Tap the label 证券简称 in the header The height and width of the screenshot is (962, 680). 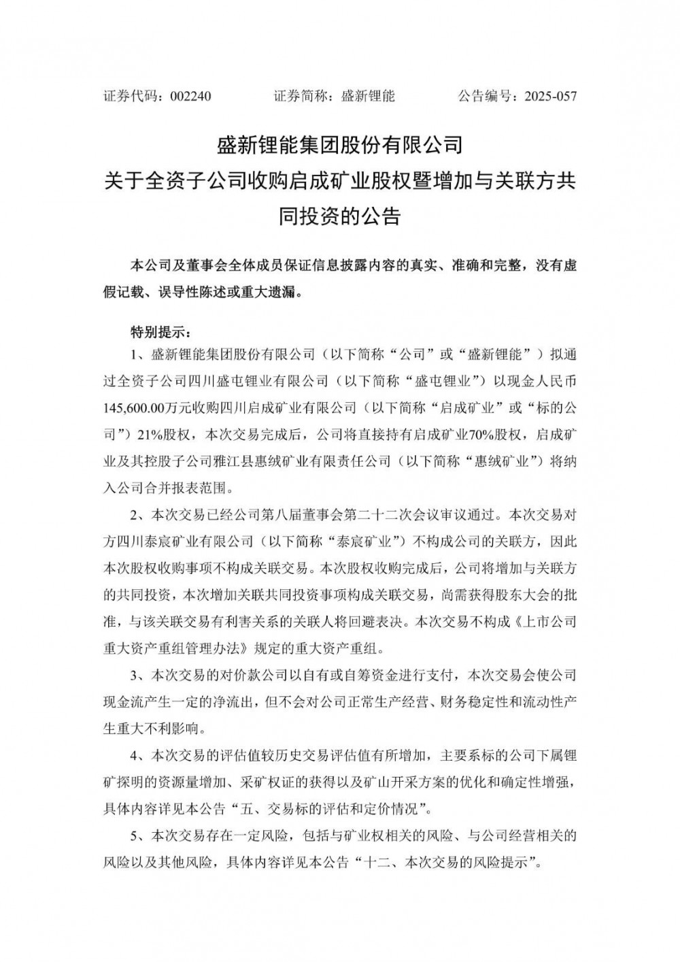297,96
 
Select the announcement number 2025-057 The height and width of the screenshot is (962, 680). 550,96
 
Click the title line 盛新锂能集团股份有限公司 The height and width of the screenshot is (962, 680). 339,145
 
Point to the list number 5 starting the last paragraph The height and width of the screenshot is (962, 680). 134,835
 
